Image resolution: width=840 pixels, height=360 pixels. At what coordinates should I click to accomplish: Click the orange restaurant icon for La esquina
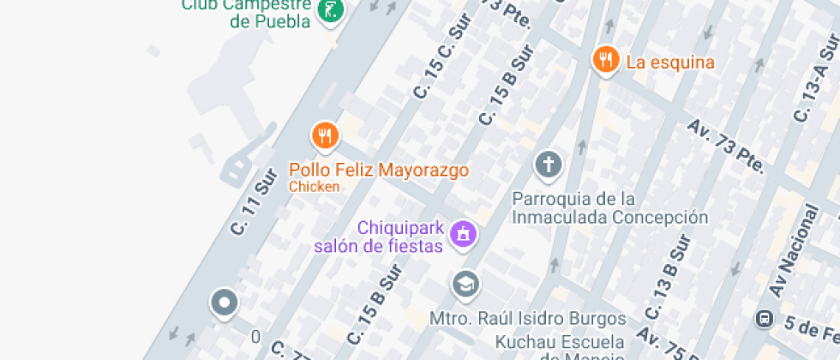coord(607,60)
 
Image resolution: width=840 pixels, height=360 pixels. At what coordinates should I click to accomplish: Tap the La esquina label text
coord(670,63)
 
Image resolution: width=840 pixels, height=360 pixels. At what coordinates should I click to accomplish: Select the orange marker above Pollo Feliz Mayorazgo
coord(325,135)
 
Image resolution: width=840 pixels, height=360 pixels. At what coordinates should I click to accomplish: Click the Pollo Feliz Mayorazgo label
coord(379,170)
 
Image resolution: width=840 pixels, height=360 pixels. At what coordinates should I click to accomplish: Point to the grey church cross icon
coord(549,164)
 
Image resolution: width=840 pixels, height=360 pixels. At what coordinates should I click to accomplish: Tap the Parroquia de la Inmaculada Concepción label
coord(610,207)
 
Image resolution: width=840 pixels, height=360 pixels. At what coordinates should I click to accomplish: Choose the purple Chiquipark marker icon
coord(464,232)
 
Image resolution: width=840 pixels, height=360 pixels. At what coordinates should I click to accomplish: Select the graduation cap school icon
coord(466,285)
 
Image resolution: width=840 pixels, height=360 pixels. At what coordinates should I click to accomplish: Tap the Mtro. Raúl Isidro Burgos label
coord(527,319)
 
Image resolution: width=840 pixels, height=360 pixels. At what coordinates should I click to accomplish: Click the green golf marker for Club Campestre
coord(330,11)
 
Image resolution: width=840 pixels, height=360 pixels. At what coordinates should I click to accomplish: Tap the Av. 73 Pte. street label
coord(725,145)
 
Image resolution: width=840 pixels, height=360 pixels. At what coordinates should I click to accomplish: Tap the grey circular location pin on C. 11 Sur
coord(225,303)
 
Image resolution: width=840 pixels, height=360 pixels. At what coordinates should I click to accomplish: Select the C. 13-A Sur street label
coord(815,87)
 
